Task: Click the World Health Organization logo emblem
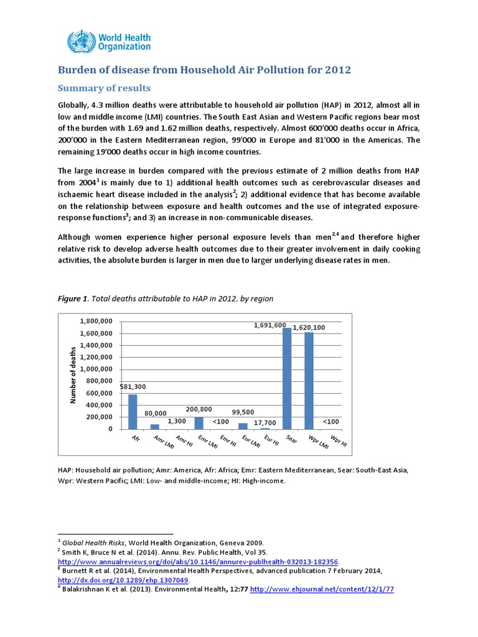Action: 78,41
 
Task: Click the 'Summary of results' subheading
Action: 104,88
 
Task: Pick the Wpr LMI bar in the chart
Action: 309,381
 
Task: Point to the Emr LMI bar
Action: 199,423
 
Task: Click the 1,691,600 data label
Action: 269,325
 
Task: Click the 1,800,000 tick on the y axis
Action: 96,321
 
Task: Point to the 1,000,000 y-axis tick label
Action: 96,369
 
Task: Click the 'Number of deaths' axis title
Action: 73,375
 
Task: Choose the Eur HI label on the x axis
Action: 270,441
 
